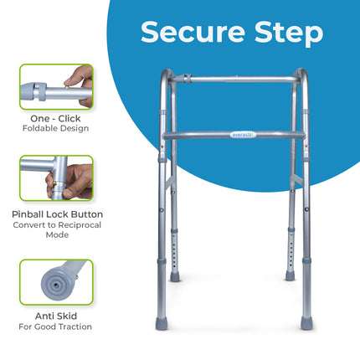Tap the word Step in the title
tap(280, 33)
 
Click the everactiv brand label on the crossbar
tap(239, 132)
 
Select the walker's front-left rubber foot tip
tap(173, 275)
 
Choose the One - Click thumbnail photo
tap(56, 87)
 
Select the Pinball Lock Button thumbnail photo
tap(56, 177)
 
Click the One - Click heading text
tap(56, 118)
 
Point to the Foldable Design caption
tap(56, 129)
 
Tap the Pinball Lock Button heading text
tap(56, 214)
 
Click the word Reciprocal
tap(74, 225)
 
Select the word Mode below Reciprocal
tap(56, 236)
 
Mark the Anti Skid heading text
tap(56, 316)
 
